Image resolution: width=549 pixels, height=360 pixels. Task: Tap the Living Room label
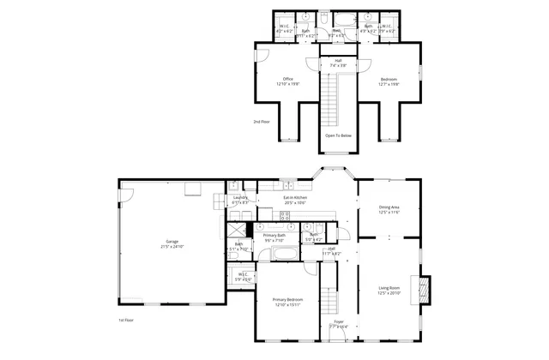tap(389, 289)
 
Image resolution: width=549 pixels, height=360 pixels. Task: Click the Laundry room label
tap(241, 200)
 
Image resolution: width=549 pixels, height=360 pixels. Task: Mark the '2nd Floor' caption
tap(262, 122)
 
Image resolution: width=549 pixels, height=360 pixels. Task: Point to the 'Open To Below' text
tap(338, 135)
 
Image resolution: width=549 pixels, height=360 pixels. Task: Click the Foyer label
tap(338, 323)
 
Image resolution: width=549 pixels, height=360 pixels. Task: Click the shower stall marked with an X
tap(238, 230)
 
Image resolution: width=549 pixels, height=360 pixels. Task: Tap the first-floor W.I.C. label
tap(243, 276)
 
